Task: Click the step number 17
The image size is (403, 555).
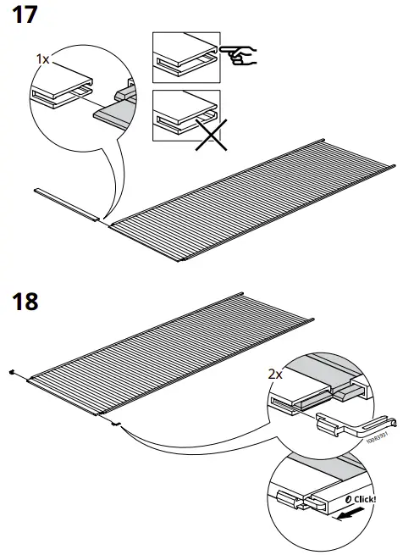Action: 26,15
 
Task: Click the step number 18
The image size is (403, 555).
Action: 26,301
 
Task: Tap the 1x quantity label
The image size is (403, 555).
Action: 43,58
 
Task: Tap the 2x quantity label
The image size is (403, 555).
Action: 276,374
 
